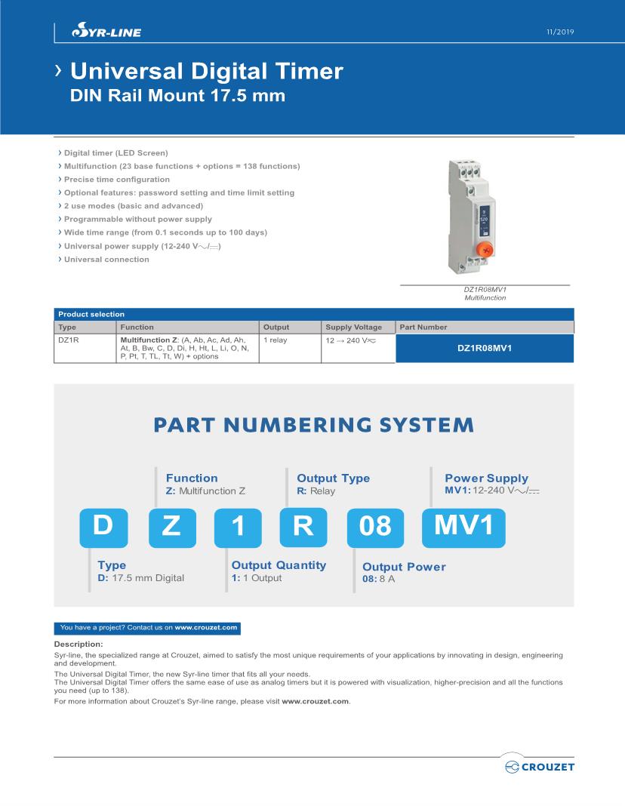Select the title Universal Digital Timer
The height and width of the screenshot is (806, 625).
(206, 72)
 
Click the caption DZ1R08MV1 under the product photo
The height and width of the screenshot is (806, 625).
(485, 290)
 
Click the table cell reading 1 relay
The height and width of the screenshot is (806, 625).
(276, 341)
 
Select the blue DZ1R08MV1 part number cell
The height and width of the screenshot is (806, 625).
(484, 349)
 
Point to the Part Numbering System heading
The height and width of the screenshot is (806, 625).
(313, 425)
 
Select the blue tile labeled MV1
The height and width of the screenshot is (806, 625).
(463, 526)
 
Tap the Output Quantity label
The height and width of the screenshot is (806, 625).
(278, 565)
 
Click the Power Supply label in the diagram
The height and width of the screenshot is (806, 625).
(486, 478)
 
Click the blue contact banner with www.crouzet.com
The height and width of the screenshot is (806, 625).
(148, 627)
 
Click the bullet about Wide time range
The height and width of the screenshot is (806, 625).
(165, 232)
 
